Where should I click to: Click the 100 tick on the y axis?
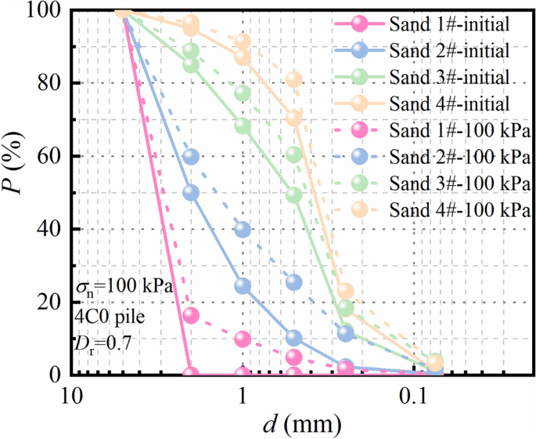tap(49, 11)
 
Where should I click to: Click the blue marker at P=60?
tap(191, 157)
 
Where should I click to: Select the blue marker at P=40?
tap(243, 230)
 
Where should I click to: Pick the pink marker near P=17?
tap(191, 315)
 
